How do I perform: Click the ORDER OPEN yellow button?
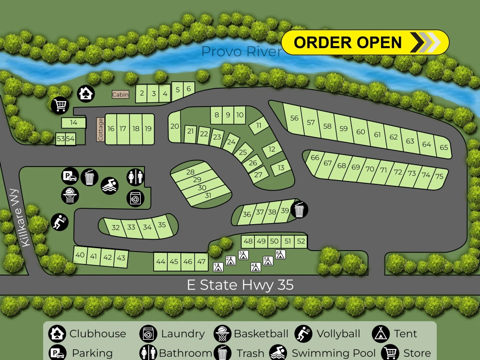(x=365, y=42)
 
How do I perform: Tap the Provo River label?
(x=241, y=52)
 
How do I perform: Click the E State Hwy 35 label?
(x=240, y=286)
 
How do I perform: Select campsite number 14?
(x=73, y=123)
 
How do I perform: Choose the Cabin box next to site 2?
(x=120, y=95)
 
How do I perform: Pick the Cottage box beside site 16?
(x=101, y=130)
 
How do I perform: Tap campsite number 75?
(x=439, y=176)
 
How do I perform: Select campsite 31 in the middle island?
(x=207, y=196)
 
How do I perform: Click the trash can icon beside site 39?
(x=300, y=210)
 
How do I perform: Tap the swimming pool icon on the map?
(x=110, y=185)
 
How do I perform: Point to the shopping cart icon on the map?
(x=60, y=105)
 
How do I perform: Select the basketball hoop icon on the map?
(x=70, y=195)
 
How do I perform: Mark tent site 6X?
(x=280, y=254)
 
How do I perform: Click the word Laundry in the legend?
(x=182, y=334)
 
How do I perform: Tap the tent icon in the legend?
(x=380, y=334)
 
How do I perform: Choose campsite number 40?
(x=80, y=255)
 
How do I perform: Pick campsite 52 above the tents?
(x=301, y=241)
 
